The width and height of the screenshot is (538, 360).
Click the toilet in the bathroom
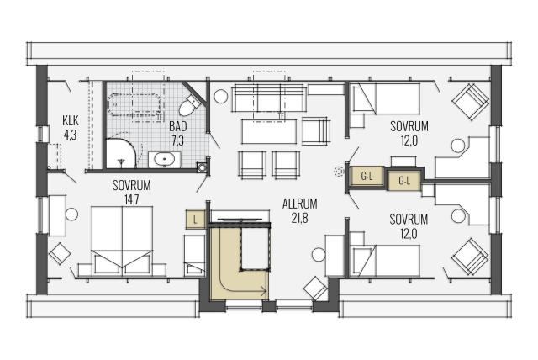pyautogui.click(x=189, y=105)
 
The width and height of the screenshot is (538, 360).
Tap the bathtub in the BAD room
pyautogui.click(x=134, y=103)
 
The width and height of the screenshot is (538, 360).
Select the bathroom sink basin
pyautogui.click(x=164, y=159)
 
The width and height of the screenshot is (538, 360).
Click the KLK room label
pyautogui.click(x=71, y=120)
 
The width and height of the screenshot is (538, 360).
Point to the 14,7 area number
pyautogui.click(x=132, y=200)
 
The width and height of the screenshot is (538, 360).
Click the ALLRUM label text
pyautogui.click(x=299, y=204)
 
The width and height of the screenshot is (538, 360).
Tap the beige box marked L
pyautogui.click(x=195, y=220)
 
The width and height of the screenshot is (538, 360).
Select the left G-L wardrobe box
pyautogui.click(x=367, y=177)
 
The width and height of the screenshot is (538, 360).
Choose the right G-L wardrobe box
pyautogui.click(x=403, y=180)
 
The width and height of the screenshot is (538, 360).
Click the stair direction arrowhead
pyautogui.click(x=264, y=291)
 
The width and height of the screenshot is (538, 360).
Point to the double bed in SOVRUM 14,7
pyautogui.click(x=122, y=241)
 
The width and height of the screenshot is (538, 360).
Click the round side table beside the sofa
pyautogui.click(x=220, y=96)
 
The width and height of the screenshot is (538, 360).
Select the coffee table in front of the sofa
pyautogui.click(x=269, y=132)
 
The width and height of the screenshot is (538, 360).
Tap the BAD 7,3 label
pyautogui.click(x=177, y=133)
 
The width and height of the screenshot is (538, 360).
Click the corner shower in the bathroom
pyautogui.click(x=122, y=153)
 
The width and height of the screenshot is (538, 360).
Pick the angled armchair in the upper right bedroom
pyautogui.click(x=470, y=102)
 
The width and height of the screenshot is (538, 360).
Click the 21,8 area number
pyautogui.click(x=299, y=219)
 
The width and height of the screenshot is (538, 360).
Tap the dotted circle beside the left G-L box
pyautogui.click(x=340, y=172)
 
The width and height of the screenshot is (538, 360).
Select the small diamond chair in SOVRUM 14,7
pyautogui.click(x=60, y=254)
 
